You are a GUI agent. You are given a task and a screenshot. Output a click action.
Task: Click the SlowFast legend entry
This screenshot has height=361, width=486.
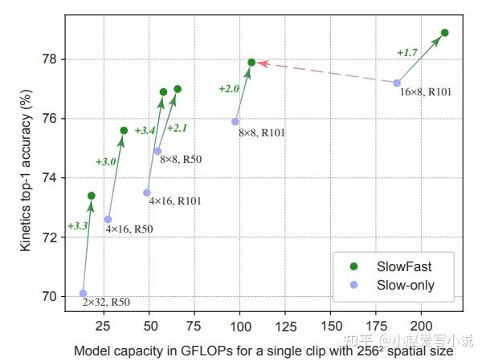(x=394, y=265)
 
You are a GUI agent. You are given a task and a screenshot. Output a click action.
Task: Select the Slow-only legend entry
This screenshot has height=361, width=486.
(x=394, y=285)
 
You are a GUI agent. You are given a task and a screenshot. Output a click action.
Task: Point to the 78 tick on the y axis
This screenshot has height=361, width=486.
(x=49, y=59)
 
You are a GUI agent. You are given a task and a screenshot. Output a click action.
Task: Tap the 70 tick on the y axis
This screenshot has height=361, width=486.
(x=49, y=296)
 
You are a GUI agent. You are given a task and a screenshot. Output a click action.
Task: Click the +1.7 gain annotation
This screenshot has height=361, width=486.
(x=407, y=52)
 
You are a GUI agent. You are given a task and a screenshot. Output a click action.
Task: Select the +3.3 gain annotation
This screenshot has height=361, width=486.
(x=78, y=225)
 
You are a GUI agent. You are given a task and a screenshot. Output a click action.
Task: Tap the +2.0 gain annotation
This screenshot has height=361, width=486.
(x=229, y=88)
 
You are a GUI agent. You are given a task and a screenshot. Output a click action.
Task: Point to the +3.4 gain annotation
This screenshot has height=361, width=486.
(x=145, y=130)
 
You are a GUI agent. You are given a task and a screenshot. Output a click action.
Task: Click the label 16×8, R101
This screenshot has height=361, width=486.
(x=426, y=92)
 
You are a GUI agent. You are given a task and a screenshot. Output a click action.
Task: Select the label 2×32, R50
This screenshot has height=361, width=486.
(x=106, y=302)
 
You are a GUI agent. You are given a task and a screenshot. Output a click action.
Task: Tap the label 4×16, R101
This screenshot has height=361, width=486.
(x=175, y=201)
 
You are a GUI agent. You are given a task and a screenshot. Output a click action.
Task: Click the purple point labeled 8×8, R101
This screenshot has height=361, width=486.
(x=235, y=121)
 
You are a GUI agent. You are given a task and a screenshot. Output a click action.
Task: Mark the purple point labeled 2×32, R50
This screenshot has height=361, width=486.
(x=84, y=294)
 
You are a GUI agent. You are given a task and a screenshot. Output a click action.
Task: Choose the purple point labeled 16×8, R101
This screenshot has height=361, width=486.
(x=397, y=83)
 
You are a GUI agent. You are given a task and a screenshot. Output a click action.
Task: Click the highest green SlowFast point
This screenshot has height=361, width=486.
(x=444, y=33)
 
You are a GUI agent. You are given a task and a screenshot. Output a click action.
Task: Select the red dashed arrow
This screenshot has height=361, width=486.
(x=325, y=72)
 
